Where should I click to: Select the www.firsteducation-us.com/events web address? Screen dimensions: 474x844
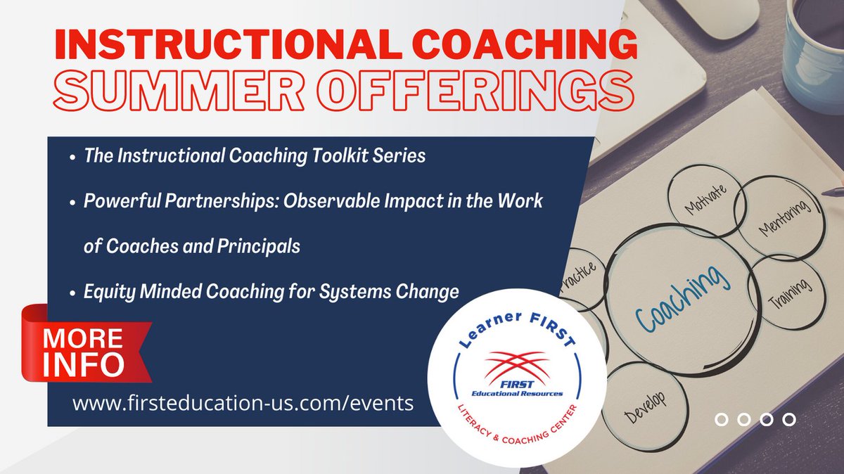(x=243, y=404)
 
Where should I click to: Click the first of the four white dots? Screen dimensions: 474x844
(x=721, y=420)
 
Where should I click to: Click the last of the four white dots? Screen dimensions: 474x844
(x=789, y=420)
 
